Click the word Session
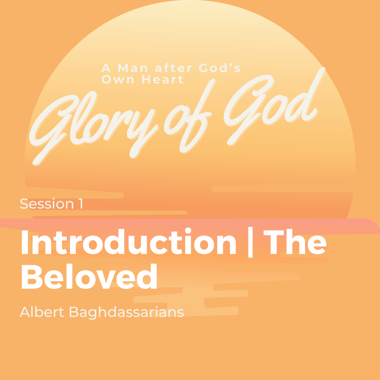[47, 204]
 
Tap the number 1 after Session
[81, 204]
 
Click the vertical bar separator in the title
[250, 242]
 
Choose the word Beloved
[89, 276]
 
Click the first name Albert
[42, 312]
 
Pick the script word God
[274, 107]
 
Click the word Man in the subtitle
[133, 68]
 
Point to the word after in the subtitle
[174, 68]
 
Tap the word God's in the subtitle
[220, 68]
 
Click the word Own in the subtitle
[118, 79]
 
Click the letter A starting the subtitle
[106, 68]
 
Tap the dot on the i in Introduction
[188, 230]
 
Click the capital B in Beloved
[32, 277]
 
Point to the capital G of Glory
[52, 126]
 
